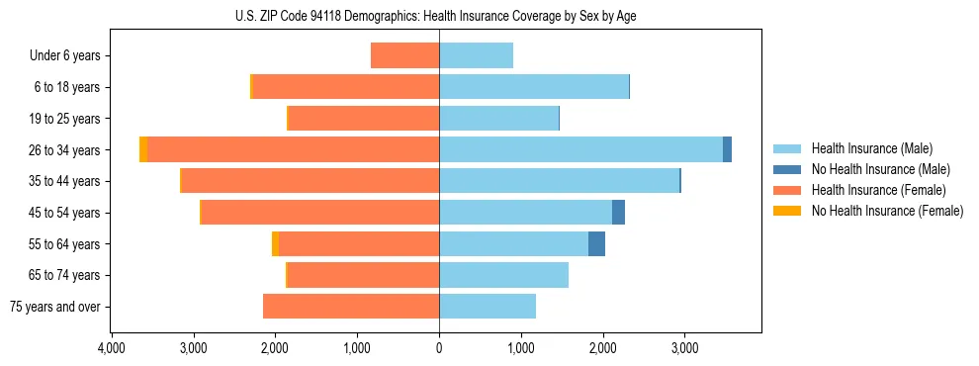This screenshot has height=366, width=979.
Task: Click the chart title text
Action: pos(439,16)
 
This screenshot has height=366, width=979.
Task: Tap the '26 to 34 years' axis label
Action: pos(66,150)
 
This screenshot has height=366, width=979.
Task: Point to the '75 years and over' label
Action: pos(55,307)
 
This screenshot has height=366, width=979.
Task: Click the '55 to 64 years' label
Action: pos(66,244)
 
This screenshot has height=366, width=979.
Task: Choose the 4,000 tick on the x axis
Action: pos(111,348)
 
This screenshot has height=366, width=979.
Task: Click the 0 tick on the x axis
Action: pos(439,348)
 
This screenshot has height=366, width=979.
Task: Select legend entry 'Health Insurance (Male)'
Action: pos(871,148)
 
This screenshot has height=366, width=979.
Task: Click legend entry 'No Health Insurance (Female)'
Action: pos(887,211)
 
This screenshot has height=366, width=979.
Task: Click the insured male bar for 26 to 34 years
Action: pos(580,149)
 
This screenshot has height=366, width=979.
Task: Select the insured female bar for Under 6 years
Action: pos(405,55)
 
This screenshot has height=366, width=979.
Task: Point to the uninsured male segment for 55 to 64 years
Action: pos(596,243)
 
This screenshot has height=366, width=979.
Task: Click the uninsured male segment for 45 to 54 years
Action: pos(618,213)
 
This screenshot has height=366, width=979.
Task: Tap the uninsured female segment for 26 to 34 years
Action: pos(143,149)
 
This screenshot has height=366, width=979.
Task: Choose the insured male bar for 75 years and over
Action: pos(488,307)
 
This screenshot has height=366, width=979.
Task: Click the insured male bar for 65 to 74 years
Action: pos(503,275)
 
